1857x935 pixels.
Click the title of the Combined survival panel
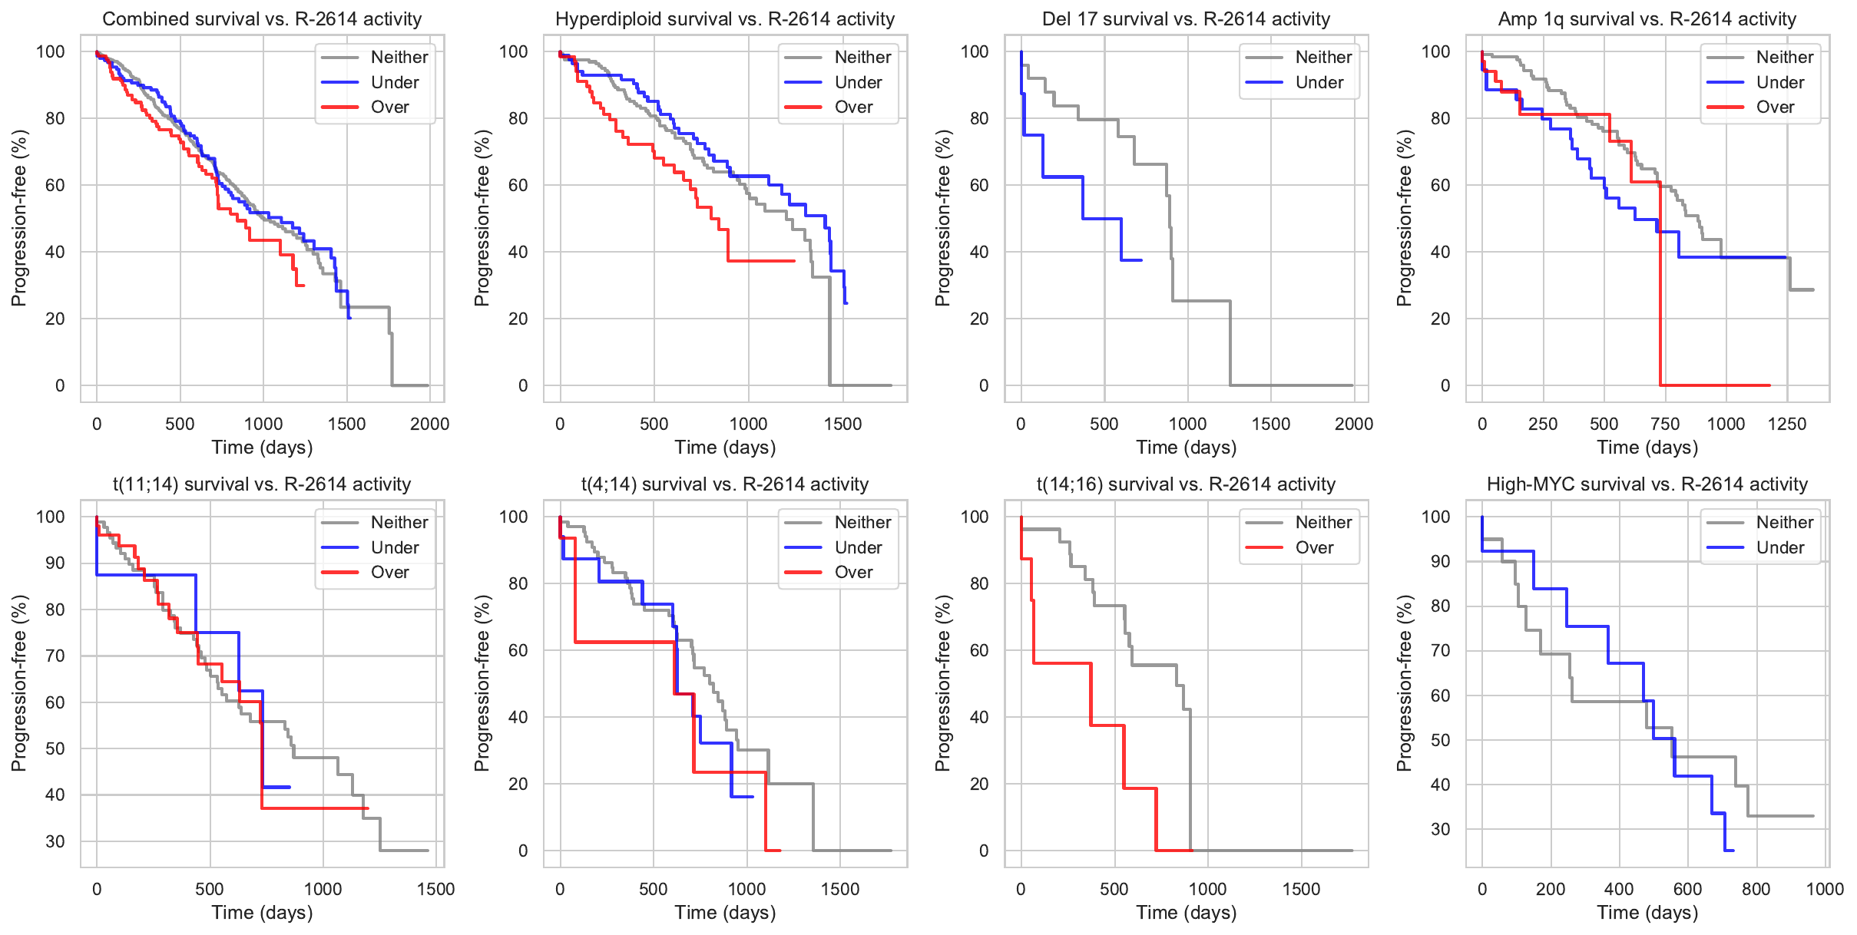pyautogui.click(x=262, y=19)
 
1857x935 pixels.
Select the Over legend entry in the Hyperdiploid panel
pyautogui.click(x=853, y=107)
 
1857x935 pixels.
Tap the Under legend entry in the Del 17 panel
pyautogui.click(x=1319, y=82)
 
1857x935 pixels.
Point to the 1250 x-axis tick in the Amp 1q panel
pyautogui.click(x=1787, y=424)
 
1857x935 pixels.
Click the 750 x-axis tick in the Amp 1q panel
pyautogui.click(x=1665, y=424)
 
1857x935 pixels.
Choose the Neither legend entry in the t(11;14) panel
pyautogui.click(x=399, y=523)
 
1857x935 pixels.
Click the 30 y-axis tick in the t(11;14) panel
pyautogui.click(x=55, y=841)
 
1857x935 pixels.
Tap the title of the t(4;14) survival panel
pyautogui.click(x=725, y=484)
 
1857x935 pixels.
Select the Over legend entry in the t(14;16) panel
pyautogui.click(x=1314, y=548)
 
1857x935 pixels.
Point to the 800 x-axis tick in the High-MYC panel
pyautogui.click(x=1756, y=889)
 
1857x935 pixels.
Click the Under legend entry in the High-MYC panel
pyautogui.click(x=1779, y=548)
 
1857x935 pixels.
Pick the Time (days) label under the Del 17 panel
pyautogui.click(x=1186, y=448)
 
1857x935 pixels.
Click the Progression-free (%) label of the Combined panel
pyautogui.click(x=18, y=218)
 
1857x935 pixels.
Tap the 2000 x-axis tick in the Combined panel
pyautogui.click(x=429, y=424)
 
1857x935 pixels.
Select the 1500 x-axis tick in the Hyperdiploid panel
pyautogui.click(x=842, y=424)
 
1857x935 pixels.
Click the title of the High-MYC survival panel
pyautogui.click(x=1647, y=484)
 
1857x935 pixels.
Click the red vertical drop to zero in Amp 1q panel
pyautogui.click(x=1660, y=292)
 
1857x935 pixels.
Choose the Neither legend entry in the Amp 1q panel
pyautogui.click(x=1784, y=58)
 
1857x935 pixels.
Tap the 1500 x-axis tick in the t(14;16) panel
pyautogui.click(x=1302, y=889)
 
